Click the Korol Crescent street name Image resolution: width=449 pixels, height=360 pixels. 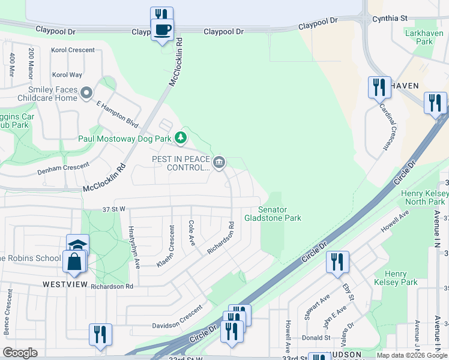[73, 50]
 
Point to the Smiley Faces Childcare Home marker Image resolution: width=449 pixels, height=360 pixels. [87, 93]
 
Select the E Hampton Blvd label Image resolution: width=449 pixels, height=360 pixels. [118, 115]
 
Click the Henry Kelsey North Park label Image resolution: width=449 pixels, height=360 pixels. [424, 197]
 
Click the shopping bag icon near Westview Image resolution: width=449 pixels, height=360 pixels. [74, 262]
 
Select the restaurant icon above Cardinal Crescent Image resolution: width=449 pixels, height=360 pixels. [379, 88]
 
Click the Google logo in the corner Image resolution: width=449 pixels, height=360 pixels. [20, 353]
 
